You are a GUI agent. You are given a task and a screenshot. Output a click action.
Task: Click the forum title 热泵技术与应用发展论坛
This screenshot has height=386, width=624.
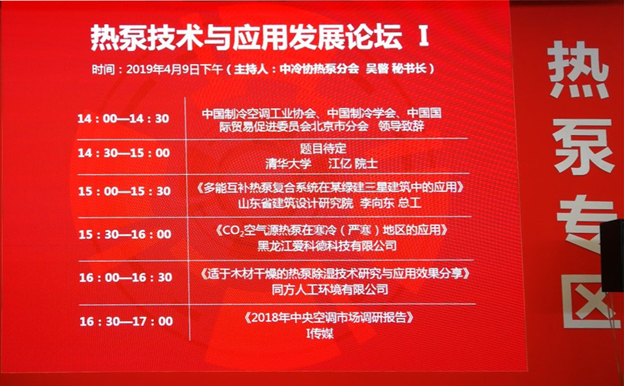[x=247, y=39]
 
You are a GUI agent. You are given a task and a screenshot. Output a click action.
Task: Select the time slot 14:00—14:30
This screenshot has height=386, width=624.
[x=124, y=119]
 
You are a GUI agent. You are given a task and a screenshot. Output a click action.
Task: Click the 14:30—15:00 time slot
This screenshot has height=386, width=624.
[x=124, y=152]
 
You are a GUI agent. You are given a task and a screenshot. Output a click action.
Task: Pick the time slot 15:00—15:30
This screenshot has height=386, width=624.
[x=125, y=191]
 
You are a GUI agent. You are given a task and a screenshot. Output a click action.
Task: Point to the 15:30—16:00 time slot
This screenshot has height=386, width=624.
[x=125, y=234]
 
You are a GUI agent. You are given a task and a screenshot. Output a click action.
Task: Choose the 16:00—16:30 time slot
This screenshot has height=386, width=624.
[x=125, y=277]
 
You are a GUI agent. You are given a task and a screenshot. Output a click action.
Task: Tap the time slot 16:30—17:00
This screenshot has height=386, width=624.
[x=126, y=321]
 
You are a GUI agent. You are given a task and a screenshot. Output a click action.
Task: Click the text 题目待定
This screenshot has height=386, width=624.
[x=323, y=149]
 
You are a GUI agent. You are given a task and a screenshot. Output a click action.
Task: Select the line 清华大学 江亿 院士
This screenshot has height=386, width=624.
[x=321, y=164]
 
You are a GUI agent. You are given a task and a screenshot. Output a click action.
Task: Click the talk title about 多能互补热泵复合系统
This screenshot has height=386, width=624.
[x=330, y=188]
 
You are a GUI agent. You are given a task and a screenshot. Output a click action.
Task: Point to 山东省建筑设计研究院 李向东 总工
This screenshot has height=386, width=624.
[x=330, y=203]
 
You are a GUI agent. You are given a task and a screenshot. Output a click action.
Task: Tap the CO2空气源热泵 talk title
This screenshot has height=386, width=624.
[x=331, y=231]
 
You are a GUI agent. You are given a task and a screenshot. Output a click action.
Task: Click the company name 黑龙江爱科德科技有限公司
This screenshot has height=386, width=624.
[x=327, y=246]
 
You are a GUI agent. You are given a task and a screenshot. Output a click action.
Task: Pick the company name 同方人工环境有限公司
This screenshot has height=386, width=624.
[x=330, y=289]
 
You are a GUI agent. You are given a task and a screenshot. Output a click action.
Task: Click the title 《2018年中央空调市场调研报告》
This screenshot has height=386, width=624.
[x=329, y=318]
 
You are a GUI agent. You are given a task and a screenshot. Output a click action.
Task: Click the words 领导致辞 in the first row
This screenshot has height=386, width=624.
[x=401, y=126]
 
